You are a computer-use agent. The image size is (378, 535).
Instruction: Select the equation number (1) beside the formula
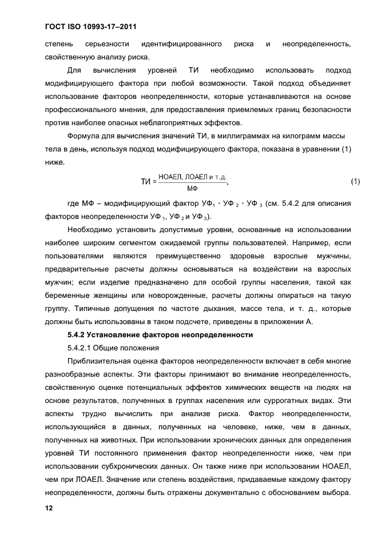[355, 182]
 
